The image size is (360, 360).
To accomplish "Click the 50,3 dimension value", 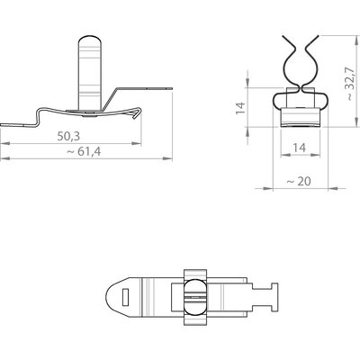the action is tap(68, 137).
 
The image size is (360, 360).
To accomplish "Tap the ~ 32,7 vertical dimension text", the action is tap(350, 84).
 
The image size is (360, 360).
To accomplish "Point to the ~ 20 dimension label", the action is tap(299, 181).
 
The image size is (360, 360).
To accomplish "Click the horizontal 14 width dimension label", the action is tap(299, 148).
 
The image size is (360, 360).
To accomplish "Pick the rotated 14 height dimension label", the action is tap(240, 108).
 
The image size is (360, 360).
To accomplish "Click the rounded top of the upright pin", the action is tap(90, 40).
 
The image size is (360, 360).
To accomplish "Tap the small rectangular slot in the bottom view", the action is tap(125, 297).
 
